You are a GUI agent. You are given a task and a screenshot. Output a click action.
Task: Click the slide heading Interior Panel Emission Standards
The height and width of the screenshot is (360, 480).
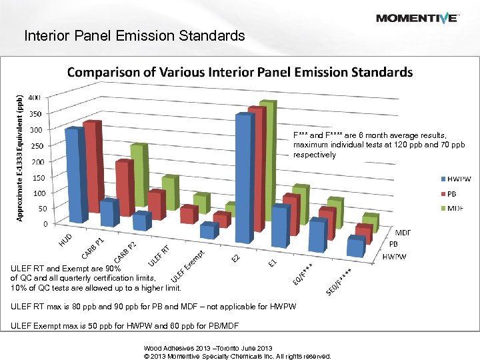[134, 35]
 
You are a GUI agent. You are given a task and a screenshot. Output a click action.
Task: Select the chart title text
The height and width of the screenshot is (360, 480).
[239, 72]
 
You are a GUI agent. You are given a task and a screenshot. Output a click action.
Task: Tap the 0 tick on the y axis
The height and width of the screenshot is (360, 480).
[45, 224]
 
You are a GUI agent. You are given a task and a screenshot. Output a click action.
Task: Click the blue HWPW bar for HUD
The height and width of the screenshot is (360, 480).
[75, 175]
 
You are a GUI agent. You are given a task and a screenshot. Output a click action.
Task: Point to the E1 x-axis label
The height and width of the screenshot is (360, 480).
[272, 263]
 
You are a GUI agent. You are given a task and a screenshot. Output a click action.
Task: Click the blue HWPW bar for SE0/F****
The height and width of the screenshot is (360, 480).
[356, 247]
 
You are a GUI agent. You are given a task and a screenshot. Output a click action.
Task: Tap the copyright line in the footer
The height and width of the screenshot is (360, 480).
[237, 356]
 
